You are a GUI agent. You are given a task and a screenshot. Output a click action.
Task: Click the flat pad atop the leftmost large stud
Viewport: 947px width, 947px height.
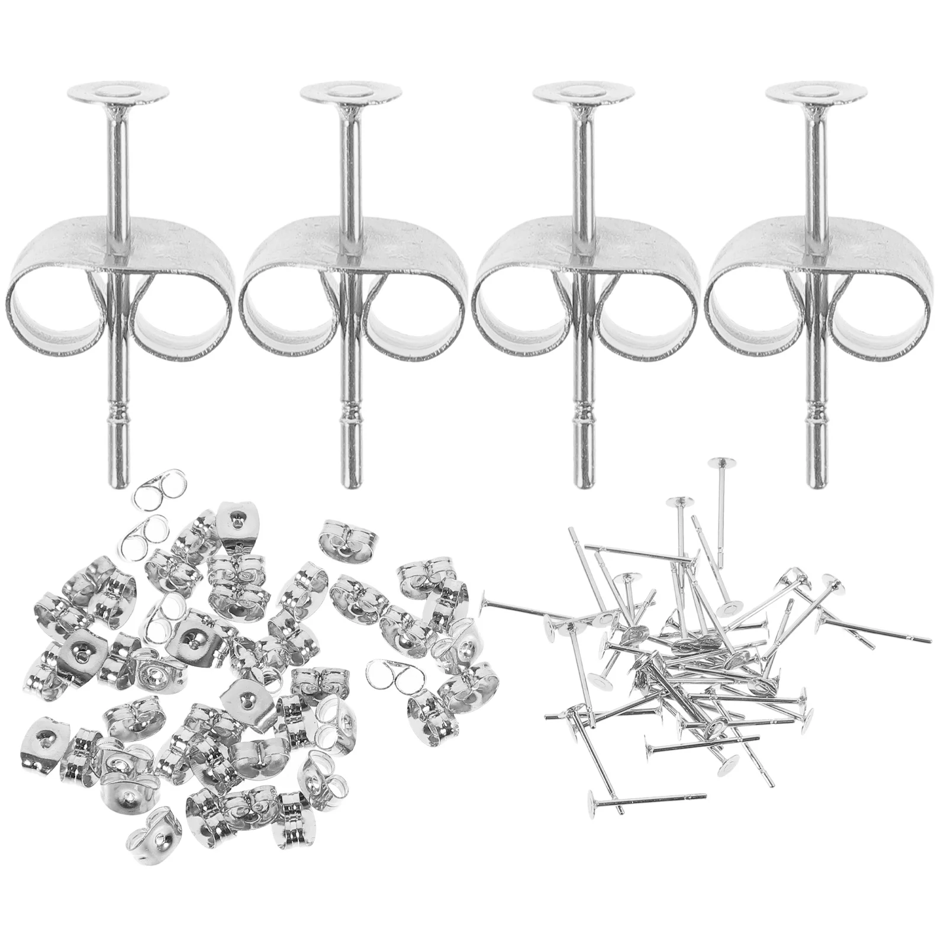click(118, 92)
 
